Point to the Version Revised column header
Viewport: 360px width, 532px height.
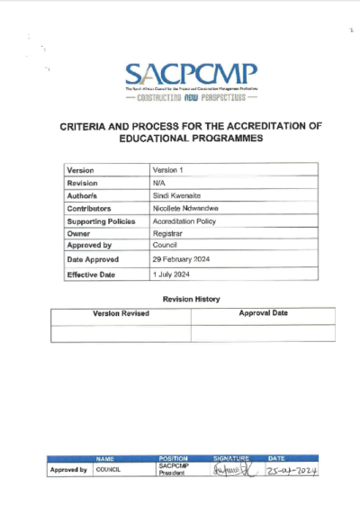[x=121, y=313]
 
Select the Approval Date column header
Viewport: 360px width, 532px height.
[x=263, y=313]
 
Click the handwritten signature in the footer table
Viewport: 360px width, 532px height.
[x=231, y=469]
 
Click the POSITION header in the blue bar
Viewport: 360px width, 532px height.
[x=173, y=458]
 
